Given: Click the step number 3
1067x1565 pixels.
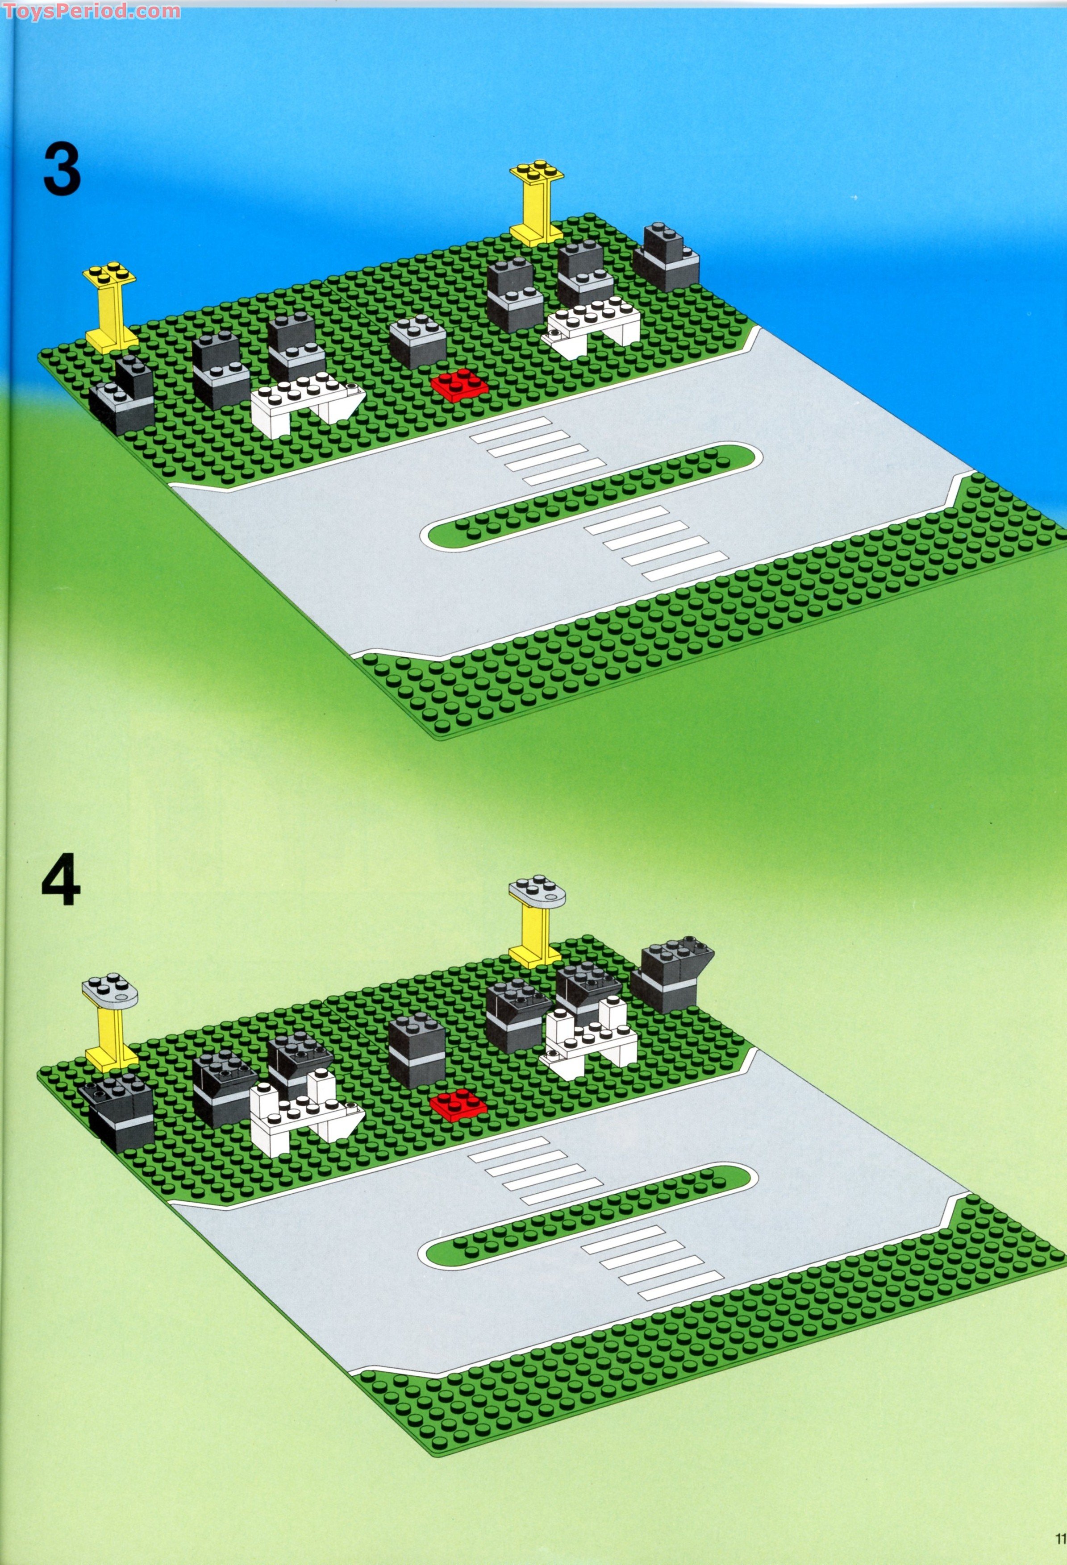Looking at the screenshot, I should pyautogui.click(x=62, y=171).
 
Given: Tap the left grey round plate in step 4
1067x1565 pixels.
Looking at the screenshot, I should pyautogui.click(x=110, y=988).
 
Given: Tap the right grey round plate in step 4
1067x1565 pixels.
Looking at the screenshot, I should pyautogui.click(x=537, y=890).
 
